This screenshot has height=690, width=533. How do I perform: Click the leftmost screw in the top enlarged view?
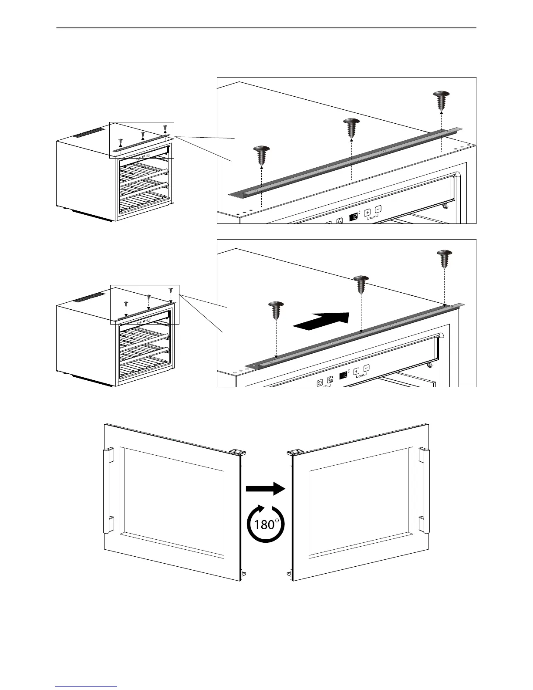(x=261, y=155)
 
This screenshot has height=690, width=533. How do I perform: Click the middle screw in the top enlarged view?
(x=351, y=128)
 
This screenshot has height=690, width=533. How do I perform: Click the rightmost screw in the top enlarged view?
(x=442, y=100)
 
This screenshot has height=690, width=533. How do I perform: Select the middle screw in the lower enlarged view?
(x=361, y=284)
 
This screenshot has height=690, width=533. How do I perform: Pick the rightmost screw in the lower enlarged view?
(x=445, y=259)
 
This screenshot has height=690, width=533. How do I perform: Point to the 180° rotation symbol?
(x=266, y=524)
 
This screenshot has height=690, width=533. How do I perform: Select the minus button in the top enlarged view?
(x=378, y=209)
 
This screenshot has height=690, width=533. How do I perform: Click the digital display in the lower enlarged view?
(x=343, y=375)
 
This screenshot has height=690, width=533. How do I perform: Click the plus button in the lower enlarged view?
(x=356, y=371)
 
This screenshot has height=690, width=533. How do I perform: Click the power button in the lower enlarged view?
(x=320, y=382)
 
